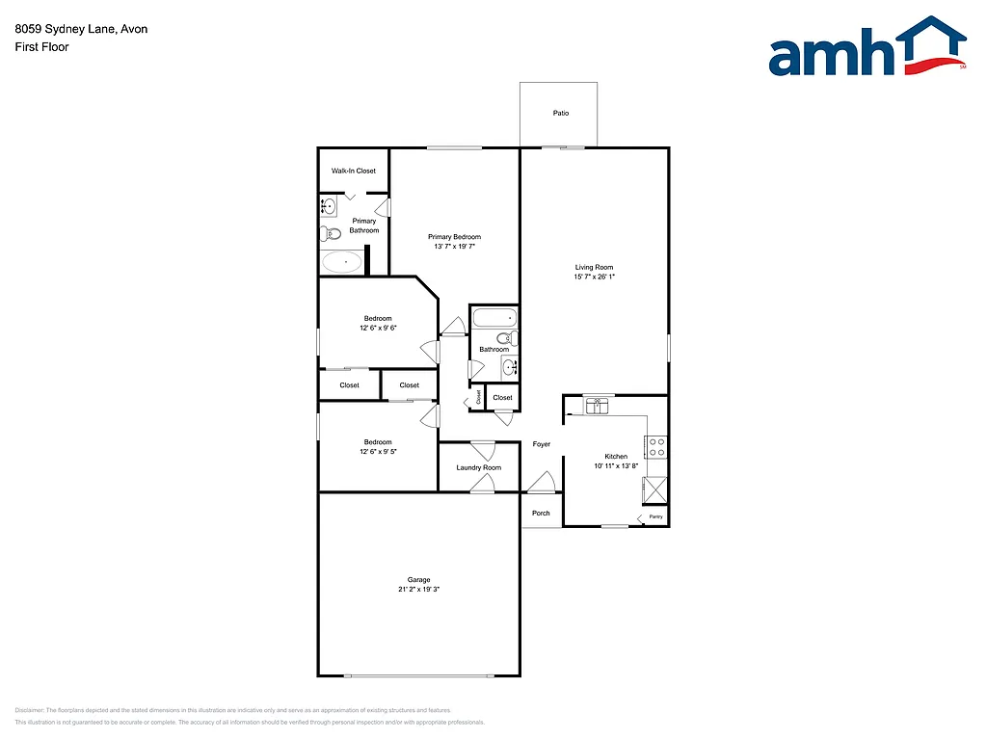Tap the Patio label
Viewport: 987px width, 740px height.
[561, 114]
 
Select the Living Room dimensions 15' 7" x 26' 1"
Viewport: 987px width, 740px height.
[594, 277]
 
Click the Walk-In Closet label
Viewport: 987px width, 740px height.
[354, 171]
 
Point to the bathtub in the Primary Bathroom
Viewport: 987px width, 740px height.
[341, 261]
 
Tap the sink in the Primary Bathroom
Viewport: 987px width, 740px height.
[328, 205]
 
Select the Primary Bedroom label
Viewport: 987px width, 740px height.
[454, 237]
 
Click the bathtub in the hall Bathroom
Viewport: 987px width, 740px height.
[494, 317]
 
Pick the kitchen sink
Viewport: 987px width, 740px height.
[598, 405]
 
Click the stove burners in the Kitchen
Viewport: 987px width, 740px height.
[656, 446]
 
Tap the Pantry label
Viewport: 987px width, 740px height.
[655, 517]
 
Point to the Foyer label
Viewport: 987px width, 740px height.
[542, 444]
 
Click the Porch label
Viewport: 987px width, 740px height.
[542, 513]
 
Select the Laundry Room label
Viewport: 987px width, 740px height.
[479, 467]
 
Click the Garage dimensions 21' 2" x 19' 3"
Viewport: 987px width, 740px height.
[418, 590]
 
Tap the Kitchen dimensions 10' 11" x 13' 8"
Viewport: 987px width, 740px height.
[616, 466]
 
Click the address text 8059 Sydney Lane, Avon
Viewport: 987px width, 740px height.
[81, 29]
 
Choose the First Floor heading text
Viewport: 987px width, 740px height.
[41, 46]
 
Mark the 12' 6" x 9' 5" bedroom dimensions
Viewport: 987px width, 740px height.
[378, 451]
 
